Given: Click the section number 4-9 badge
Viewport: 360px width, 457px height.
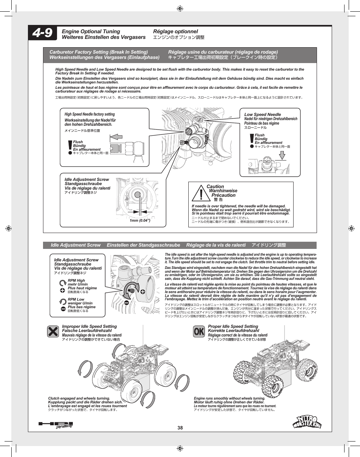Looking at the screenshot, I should (43, 34).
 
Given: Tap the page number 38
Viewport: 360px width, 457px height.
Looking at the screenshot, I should (180, 428).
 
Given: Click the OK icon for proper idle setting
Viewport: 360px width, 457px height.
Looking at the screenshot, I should (199, 332).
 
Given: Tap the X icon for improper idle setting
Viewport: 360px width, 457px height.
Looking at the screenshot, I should (53, 332).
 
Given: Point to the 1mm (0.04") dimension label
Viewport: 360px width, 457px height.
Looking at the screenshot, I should (140, 221).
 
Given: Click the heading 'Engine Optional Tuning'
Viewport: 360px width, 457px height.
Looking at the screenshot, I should (91, 31).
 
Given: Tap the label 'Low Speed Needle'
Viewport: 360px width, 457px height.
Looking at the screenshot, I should (263, 114).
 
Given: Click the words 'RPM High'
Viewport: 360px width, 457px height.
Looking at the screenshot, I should (76, 281).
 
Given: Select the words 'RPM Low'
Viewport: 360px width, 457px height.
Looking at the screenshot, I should (76, 300).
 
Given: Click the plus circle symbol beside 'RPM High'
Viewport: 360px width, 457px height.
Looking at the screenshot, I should (63, 290).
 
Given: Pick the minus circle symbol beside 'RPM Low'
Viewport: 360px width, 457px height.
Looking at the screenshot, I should (63, 309).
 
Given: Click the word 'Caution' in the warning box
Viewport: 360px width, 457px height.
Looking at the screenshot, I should (215, 187).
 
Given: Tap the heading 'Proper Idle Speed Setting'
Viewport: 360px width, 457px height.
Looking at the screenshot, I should (233, 326).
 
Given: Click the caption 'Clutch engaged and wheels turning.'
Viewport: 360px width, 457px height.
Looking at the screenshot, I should (79, 398).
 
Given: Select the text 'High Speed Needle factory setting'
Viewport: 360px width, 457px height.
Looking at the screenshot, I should (89, 114).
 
